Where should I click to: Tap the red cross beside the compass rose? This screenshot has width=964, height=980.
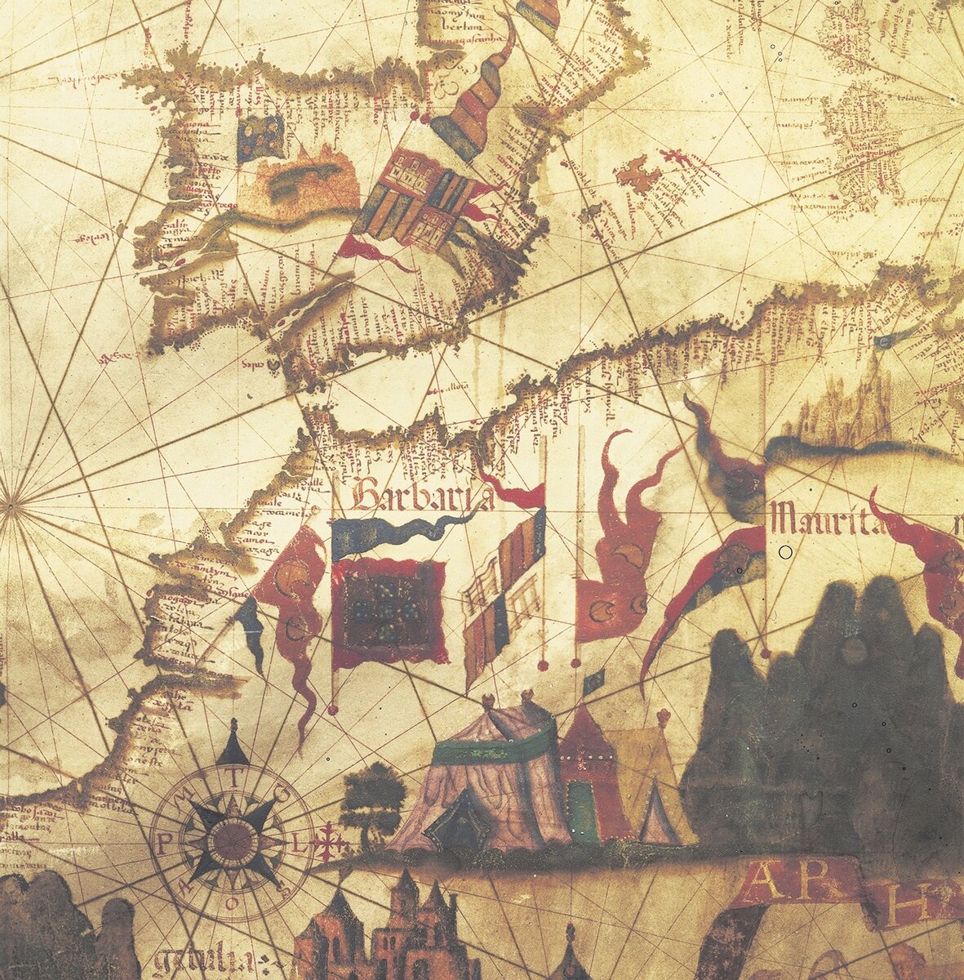328,842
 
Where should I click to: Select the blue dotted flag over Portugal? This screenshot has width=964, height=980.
260,136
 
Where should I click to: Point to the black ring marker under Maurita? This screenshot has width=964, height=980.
785,552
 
